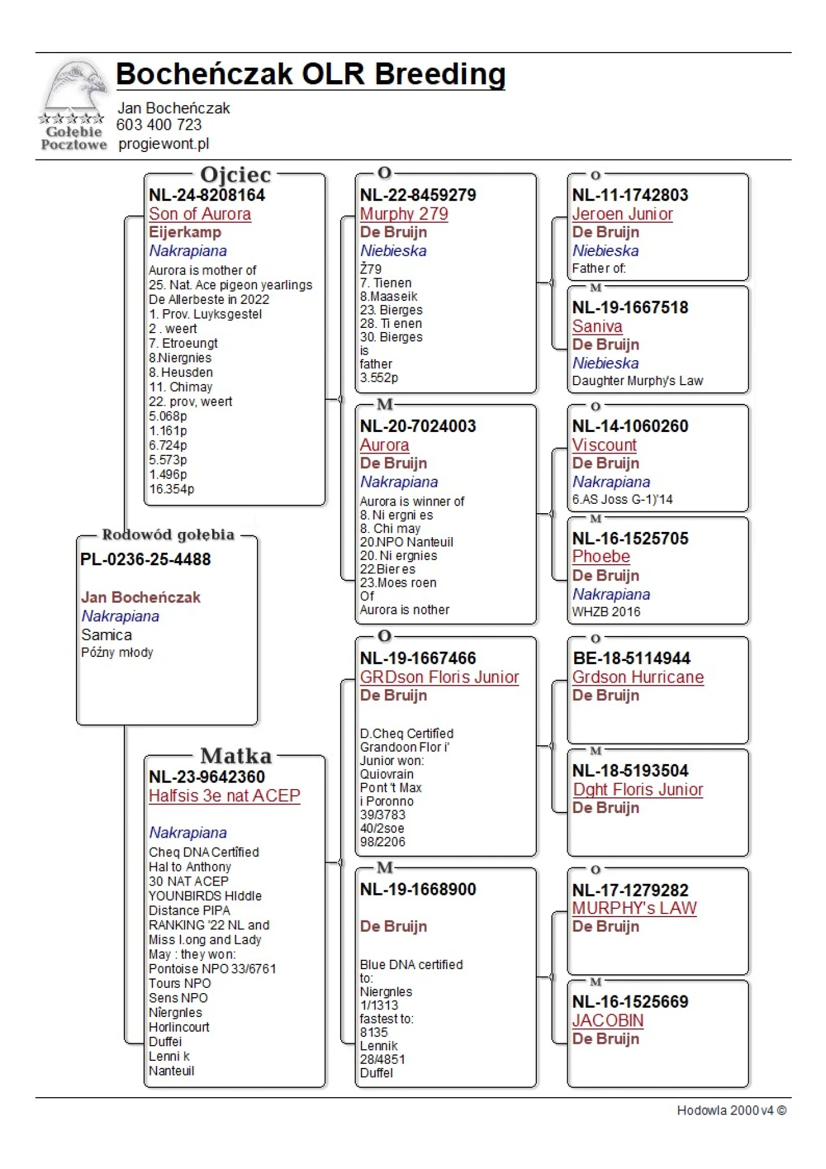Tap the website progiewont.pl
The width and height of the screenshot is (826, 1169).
(x=164, y=144)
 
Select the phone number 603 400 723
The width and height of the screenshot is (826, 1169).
(x=159, y=125)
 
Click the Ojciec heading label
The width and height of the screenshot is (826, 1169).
(x=235, y=175)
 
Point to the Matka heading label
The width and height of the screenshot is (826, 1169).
(x=236, y=756)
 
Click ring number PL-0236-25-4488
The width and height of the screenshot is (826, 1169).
(x=145, y=559)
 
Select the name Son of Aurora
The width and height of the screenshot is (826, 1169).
(x=200, y=214)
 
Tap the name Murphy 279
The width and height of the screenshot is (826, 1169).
(x=404, y=214)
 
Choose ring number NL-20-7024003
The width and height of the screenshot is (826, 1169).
(x=418, y=426)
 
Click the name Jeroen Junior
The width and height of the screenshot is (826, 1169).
(x=623, y=214)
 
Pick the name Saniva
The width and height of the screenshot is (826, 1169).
(x=598, y=326)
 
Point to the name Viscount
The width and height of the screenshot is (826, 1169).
(x=605, y=445)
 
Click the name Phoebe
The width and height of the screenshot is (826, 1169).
(x=601, y=556)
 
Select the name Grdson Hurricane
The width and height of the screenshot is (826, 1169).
(x=638, y=677)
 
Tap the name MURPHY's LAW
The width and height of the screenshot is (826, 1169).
(x=634, y=908)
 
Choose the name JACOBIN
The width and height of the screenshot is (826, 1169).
(x=608, y=1020)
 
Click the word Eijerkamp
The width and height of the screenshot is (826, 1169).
(x=185, y=232)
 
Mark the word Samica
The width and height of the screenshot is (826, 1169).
(x=106, y=635)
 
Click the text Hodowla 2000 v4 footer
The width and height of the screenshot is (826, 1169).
(x=731, y=1111)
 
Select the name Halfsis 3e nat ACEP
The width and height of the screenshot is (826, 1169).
(x=224, y=796)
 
